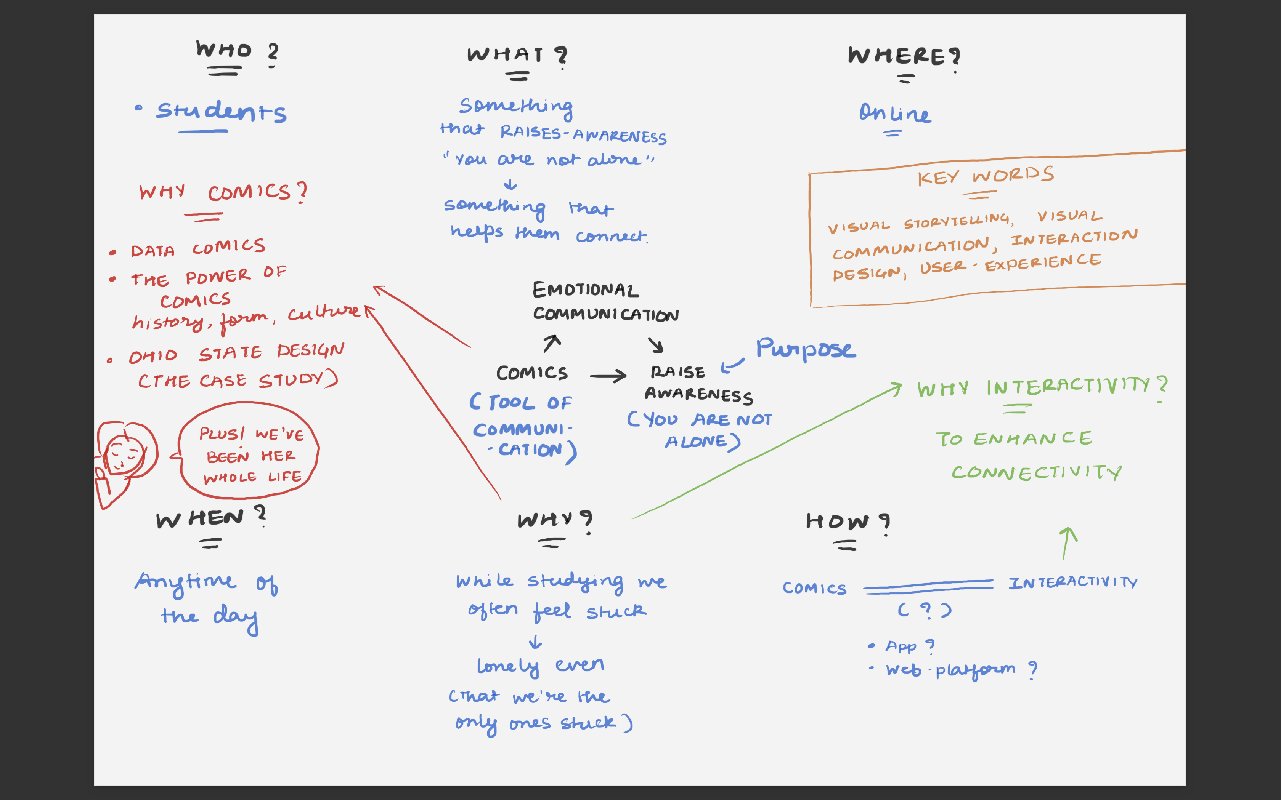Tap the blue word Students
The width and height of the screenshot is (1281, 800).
[221, 112]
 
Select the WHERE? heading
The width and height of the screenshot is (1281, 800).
[903, 56]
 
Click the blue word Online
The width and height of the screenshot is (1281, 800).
[894, 113]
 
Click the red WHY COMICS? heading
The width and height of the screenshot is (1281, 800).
[222, 192]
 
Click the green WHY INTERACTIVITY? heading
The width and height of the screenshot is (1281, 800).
[1042, 387]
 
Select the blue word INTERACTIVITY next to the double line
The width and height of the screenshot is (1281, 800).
[1072, 582]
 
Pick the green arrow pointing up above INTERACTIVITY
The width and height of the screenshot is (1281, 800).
[1067, 542]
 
